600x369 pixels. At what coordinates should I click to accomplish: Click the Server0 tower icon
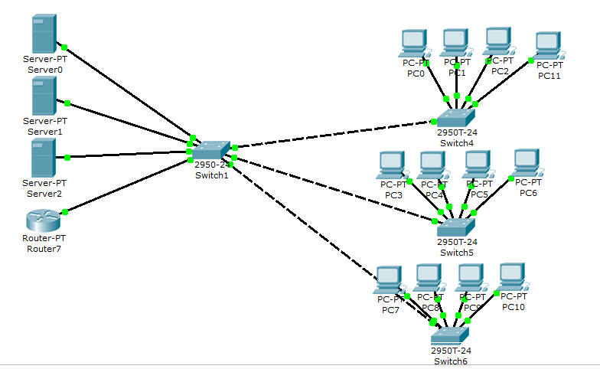click(44, 34)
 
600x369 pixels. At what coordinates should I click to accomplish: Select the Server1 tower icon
click(44, 96)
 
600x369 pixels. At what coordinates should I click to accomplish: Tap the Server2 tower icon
click(44, 158)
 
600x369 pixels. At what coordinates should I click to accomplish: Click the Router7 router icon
click(44, 220)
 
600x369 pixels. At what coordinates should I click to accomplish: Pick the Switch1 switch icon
click(211, 150)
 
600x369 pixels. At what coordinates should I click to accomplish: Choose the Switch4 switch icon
click(455, 117)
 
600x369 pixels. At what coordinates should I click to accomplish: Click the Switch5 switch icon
click(455, 227)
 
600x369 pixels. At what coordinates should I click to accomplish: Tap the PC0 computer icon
click(414, 44)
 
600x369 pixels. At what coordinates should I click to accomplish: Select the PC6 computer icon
click(527, 163)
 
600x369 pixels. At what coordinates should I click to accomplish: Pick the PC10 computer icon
click(513, 277)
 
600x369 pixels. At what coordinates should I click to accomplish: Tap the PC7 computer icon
click(389, 280)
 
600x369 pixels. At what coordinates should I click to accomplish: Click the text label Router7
click(44, 249)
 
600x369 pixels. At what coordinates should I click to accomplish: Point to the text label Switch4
click(455, 142)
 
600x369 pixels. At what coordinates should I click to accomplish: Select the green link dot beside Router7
click(65, 212)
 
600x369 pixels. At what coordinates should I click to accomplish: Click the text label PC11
click(549, 76)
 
